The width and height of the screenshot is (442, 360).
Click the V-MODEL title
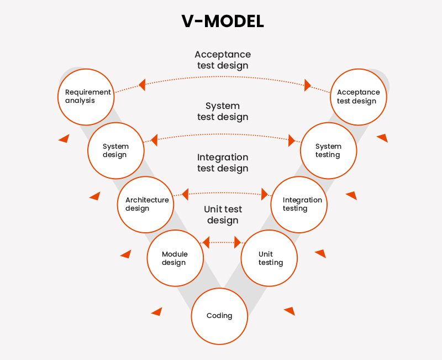(x=223, y=21)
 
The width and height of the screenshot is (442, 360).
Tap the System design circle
(x=116, y=150)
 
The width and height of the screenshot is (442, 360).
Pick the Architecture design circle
(x=146, y=204)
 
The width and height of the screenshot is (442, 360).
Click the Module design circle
(x=175, y=258)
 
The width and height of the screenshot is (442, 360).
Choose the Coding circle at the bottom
(x=219, y=316)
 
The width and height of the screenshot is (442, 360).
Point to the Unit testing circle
(x=270, y=258)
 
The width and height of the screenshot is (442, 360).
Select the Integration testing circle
(x=299, y=204)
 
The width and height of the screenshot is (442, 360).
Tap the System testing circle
(x=328, y=150)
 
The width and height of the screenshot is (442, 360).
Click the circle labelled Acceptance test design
(x=359, y=97)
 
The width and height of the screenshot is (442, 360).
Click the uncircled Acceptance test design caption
(x=223, y=60)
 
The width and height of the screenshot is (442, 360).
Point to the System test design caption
(x=223, y=111)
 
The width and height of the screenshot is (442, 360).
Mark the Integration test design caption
(x=223, y=163)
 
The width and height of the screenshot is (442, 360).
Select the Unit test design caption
(x=223, y=215)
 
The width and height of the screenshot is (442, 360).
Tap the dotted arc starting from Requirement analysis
(x=223, y=76)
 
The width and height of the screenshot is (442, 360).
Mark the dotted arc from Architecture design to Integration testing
(x=223, y=192)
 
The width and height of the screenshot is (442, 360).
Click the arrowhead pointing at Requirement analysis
(x=142, y=85)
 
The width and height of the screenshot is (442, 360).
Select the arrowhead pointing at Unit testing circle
(x=238, y=242)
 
